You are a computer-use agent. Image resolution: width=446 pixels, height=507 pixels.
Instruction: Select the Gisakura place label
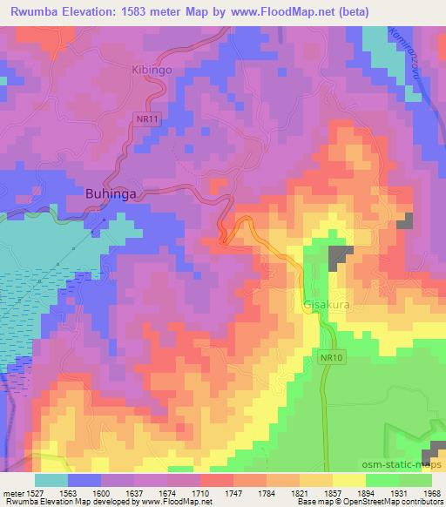click(327, 306)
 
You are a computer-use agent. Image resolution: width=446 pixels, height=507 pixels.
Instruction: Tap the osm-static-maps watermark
click(402, 468)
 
